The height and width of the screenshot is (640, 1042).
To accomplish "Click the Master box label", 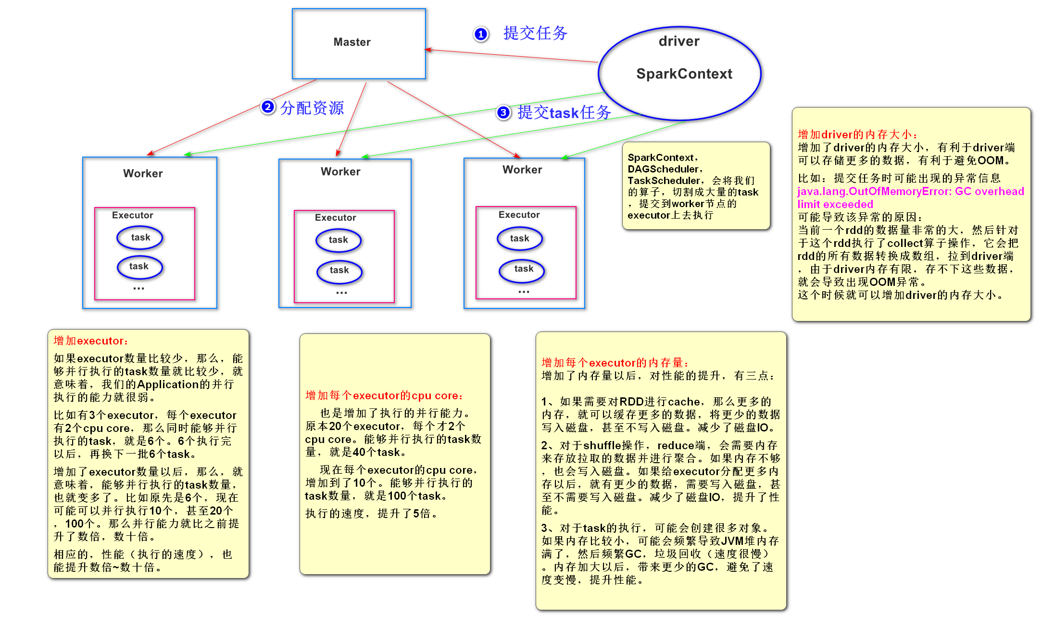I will point(352,42).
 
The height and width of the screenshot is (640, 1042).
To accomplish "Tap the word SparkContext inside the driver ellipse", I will point(684,74).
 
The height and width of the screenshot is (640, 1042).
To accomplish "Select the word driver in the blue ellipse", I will point(679,41).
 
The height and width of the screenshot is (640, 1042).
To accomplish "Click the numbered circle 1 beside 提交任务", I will point(480,34).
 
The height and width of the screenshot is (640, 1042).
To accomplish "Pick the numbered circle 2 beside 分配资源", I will point(268,107).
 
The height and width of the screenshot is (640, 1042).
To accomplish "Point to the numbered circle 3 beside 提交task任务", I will point(503,112).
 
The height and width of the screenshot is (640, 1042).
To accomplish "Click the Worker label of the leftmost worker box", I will point(143,173).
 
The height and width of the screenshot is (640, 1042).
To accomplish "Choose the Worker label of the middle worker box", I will point(340,172).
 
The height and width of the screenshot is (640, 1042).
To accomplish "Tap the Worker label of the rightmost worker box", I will point(522,170).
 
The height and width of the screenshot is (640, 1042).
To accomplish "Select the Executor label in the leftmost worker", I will point(132,215).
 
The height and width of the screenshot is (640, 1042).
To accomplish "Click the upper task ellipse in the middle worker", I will point(339,240).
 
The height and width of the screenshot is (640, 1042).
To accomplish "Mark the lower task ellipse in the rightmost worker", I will point(523,269).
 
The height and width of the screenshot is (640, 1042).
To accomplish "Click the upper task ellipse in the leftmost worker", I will point(140,237).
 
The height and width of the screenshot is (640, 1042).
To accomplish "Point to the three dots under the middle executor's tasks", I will point(341,293).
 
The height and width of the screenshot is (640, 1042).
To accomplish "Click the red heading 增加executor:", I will point(90,341).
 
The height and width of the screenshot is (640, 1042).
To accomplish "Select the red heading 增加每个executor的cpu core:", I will point(384,396).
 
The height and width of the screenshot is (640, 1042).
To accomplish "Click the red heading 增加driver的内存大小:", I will point(857,135).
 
